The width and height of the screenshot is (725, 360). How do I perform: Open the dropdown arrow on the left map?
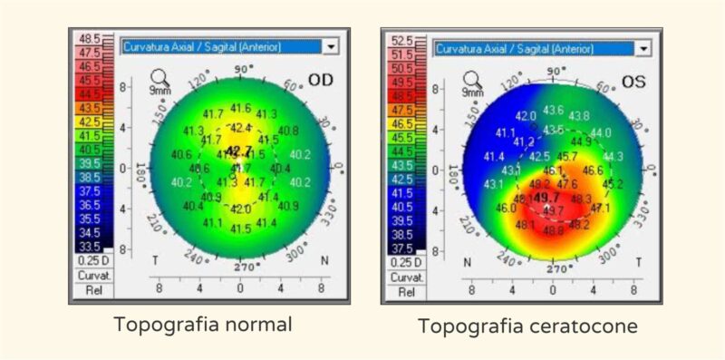331,45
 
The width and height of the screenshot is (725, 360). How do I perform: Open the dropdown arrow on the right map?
643,48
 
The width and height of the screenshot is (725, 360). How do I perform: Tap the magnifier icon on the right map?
472,80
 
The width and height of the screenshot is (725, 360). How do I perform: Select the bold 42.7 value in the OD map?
239,151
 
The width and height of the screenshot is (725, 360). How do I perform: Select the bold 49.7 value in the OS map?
546,198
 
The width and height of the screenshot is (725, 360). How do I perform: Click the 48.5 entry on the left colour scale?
90,39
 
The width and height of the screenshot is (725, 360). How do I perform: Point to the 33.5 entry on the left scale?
90,246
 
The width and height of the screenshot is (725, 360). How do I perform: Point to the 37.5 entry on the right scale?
401,248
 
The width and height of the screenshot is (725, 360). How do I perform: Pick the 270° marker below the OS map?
556,269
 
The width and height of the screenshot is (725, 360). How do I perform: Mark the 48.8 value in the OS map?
552,230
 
